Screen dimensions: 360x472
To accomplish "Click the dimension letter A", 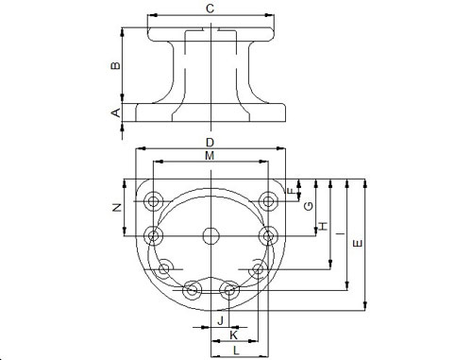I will (x=115, y=112).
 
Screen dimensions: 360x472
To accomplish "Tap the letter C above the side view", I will (x=211, y=8).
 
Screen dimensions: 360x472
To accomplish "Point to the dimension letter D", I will (x=210, y=142).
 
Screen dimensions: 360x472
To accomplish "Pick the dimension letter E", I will (x=356, y=243).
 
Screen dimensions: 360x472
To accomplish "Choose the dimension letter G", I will (x=308, y=206).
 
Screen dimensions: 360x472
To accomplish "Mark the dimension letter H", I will (x=322, y=226).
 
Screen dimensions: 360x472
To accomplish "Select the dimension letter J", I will (x=220, y=321).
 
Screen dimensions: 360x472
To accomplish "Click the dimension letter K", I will (x=233, y=334).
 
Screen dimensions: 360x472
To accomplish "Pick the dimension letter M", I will (x=210, y=154).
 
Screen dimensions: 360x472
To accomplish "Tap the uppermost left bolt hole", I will (x=153, y=199).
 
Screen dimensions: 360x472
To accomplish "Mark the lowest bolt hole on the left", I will (x=194, y=292).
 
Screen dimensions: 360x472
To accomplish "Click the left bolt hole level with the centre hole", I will (x=153, y=233).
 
